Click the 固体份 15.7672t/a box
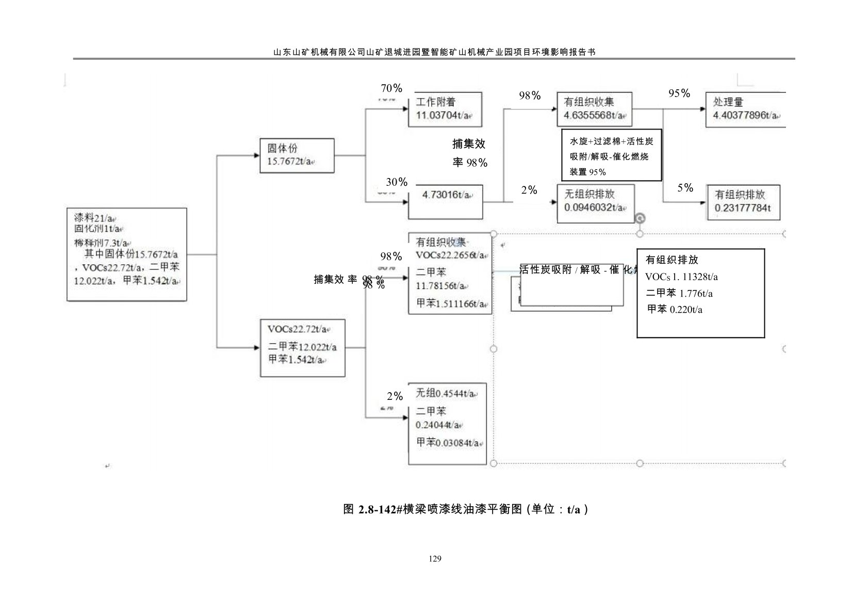pos(297,155)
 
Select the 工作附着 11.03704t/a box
pos(445,109)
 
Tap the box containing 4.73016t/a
pos(446,201)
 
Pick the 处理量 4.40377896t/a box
pos(745,109)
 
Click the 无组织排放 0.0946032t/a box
pos(595,203)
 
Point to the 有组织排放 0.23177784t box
pos(743,202)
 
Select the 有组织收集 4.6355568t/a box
pos(594,109)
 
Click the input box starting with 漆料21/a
pos(126,254)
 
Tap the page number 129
pos(435,559)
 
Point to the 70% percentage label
pos(391,88)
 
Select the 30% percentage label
pos(397,182)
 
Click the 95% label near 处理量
pos(679,93)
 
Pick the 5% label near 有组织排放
pos(685,188)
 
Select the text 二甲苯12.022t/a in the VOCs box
pos(302,347)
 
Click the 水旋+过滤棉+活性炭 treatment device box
pos(611,155)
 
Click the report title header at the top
pos(434,52)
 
